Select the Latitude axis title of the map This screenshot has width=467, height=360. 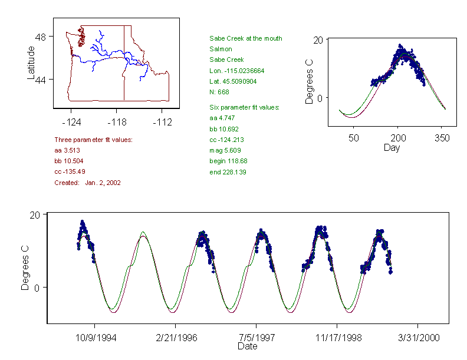(31, 62)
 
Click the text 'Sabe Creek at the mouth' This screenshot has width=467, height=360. (245, 38)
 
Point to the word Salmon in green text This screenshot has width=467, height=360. (221, 49)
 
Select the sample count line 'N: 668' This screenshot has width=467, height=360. (219, 91)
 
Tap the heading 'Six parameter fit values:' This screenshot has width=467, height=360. (244, 107)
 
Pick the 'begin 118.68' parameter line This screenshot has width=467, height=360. (228, 161)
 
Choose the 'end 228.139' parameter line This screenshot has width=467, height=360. (228, 172)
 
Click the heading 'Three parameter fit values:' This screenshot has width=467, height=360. (93, 140)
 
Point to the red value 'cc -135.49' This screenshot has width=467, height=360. (70, 171)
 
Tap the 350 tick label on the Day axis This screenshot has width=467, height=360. (442, 138)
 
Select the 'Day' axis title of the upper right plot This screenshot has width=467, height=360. (391, 148)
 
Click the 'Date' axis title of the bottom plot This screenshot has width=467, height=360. (248, 346)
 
